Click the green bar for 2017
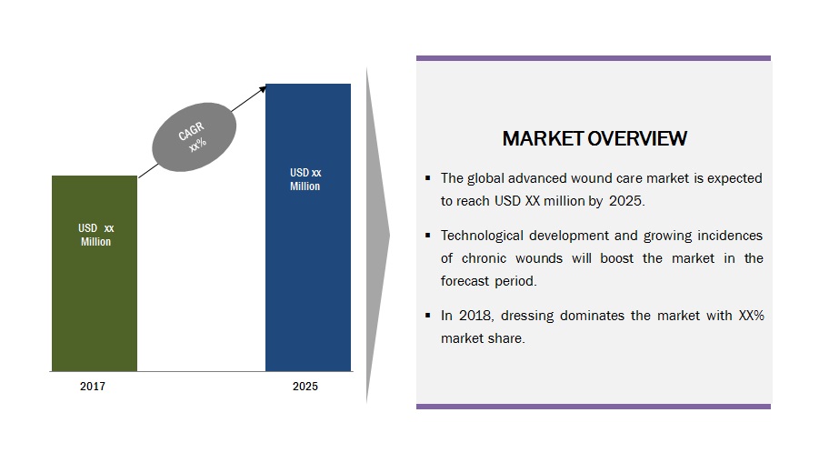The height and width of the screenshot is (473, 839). [95, 273]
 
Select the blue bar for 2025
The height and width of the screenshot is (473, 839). [308, 227]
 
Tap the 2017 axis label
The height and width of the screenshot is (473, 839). [93, 387]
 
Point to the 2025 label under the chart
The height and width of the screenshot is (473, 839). [305, 387]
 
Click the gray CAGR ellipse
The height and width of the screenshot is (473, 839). [195, 137]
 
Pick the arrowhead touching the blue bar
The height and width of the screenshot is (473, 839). [263, 89]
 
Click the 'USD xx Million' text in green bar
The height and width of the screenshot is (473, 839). [95, 235]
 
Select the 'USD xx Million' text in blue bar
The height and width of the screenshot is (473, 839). [305, 179]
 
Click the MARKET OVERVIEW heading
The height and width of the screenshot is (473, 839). [594, 139]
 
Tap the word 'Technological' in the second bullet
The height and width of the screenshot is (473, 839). [482, 236]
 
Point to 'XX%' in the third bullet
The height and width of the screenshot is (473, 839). [751, 316]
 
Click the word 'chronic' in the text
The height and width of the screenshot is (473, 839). [484, 258]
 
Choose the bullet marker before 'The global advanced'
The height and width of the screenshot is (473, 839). [427, 178]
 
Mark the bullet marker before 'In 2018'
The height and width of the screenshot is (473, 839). [427, 316]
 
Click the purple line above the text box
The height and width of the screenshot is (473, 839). [594, 58]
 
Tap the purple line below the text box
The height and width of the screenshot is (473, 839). [594, 407]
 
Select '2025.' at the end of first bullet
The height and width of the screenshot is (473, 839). [627, 201]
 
